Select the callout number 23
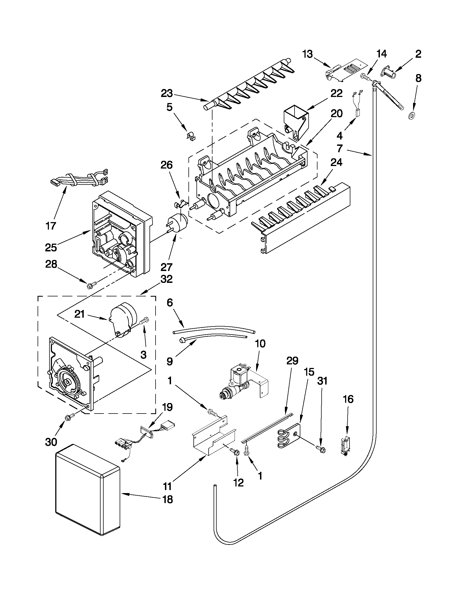(167, 94)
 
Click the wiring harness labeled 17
(78, 178)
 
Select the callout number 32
(167, 279)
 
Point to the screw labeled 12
(236, 452)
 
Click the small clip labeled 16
(346, 446)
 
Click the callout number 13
(308, 54)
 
